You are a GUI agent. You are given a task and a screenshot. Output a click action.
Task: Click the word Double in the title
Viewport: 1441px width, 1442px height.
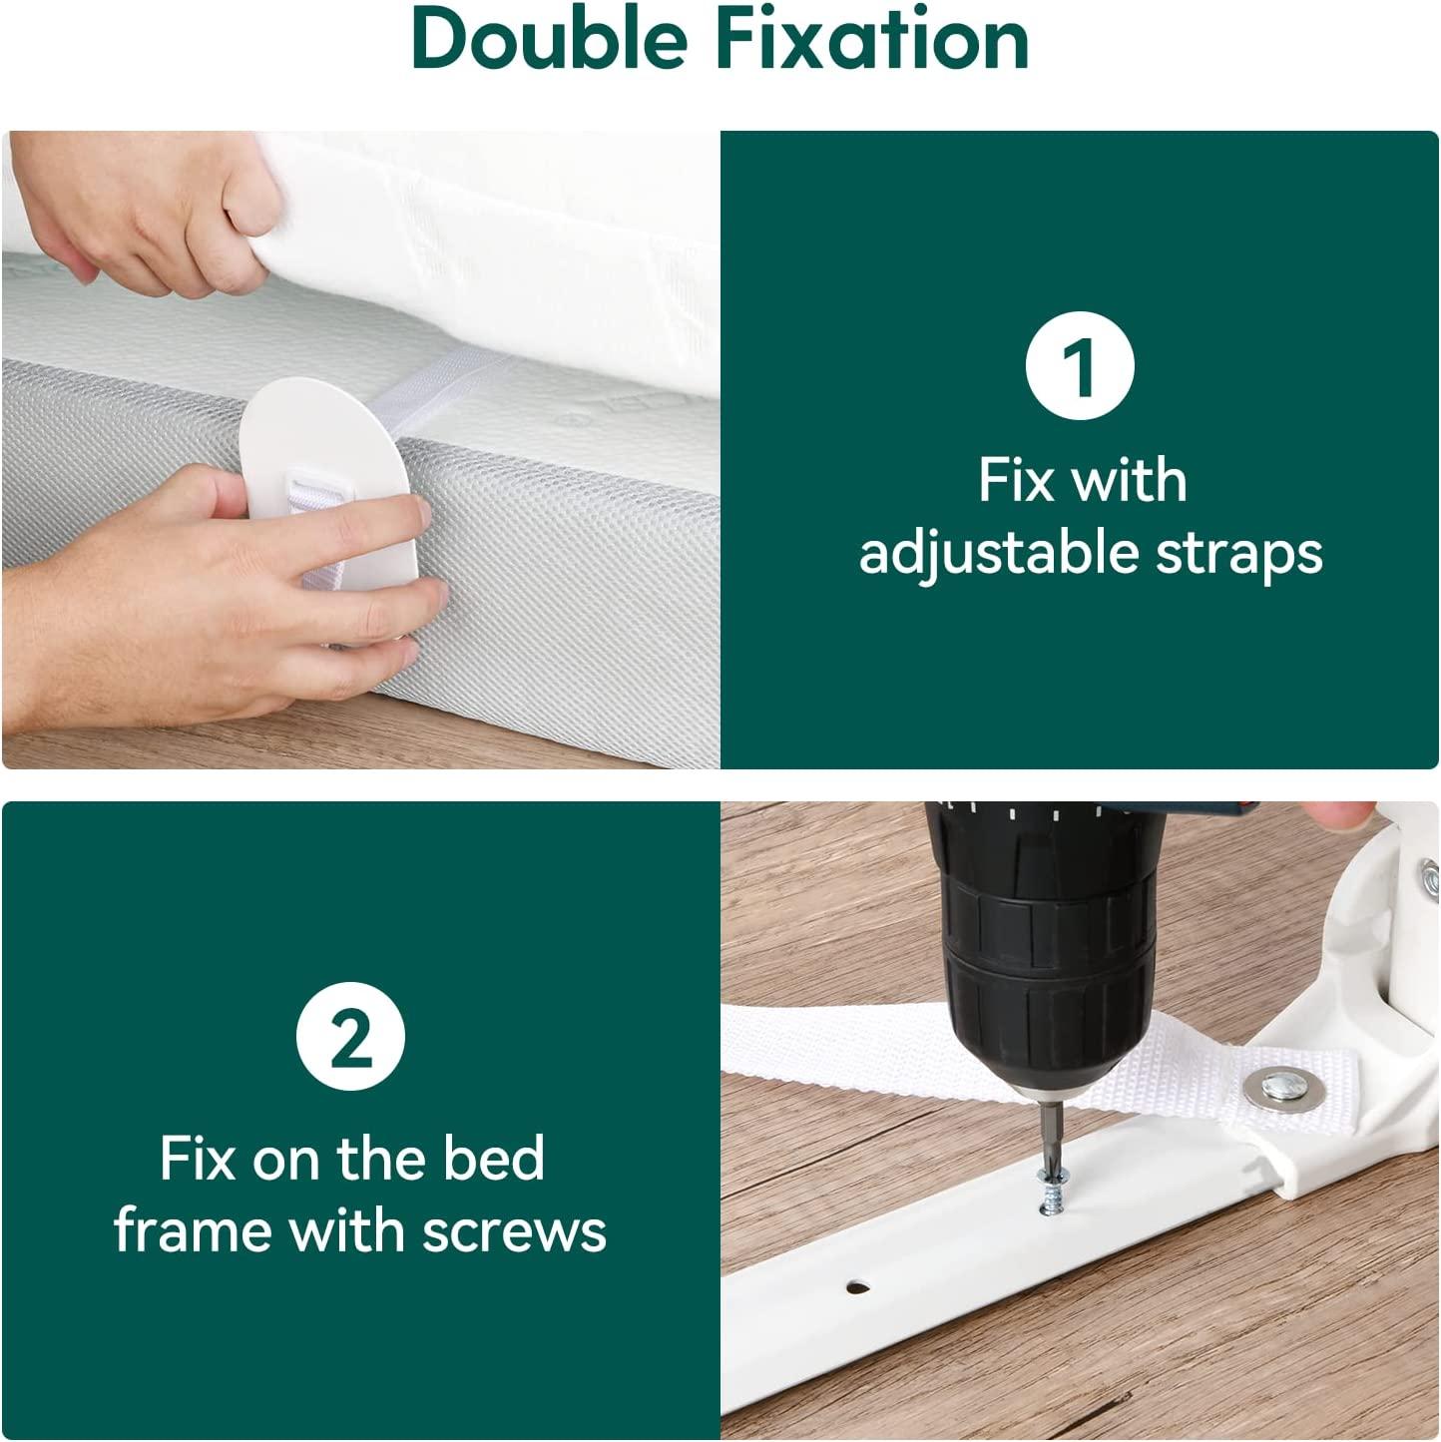pyautogui.click(x=549, y=40)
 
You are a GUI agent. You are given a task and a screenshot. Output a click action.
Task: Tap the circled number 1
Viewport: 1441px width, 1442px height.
pyautogui.click(x=1080, y=365)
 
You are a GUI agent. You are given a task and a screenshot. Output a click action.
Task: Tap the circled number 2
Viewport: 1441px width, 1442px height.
pyautogui.click(x=350, y=1037)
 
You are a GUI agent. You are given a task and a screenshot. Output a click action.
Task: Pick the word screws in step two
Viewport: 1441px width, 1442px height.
pyautogui.click(x=514, y=1229)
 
